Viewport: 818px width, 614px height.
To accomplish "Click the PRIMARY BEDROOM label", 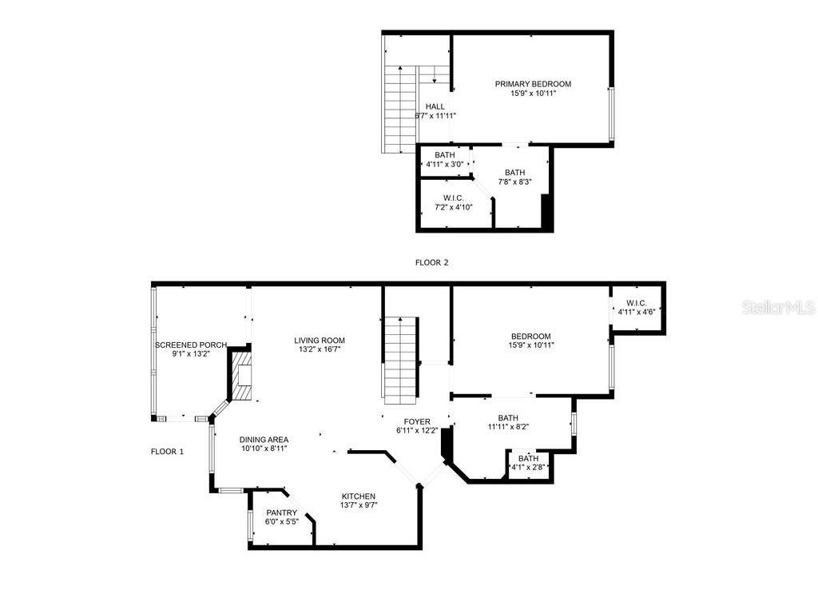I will click(533, 84).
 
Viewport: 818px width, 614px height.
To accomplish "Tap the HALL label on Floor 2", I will click(435, 106).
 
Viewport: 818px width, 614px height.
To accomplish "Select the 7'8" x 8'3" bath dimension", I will click(515, 182).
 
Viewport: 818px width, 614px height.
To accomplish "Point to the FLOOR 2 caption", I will click(432, 262).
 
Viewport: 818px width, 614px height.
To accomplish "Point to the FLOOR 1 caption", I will click(167, 452).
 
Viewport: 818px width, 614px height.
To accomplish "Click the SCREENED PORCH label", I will click(190, 345).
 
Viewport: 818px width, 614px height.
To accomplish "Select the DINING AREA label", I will click(264, 440).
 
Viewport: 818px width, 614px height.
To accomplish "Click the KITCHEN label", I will click(359, 496).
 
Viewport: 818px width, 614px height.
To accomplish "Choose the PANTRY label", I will click(282, 513).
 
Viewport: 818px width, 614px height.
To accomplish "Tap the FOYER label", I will click(417, 421).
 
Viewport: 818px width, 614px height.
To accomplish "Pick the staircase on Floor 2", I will click(402, 108).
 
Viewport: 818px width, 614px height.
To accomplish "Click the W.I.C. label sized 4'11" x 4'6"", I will click(637, 303).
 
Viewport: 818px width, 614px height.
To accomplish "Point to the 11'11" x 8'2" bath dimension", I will click(508, 427).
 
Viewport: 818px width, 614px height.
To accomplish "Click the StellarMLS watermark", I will click(777, 307).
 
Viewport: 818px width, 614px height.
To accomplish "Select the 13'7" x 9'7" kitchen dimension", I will click(359, 505).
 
